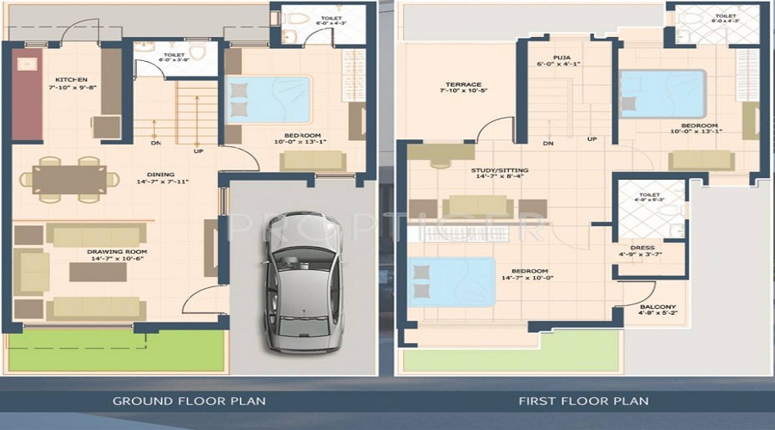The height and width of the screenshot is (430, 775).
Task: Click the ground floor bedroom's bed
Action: pyautogui.click(x=268, y=100)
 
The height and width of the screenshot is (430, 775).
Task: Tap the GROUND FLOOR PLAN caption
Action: pyautogui.click(x=189, y=401)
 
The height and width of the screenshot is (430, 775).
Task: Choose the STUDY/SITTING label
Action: pyautogui.click(x=499, y=170)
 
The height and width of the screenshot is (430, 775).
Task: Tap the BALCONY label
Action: pyautogui.click(x=658, y=307)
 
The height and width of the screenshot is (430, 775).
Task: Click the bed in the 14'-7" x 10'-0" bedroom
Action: pyautogui.click(x=452, y=281)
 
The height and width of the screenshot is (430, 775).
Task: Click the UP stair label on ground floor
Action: pyautogui.click(x=198, y=151)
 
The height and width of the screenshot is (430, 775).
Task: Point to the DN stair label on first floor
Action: pyautogui.click(x=548, y=143)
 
